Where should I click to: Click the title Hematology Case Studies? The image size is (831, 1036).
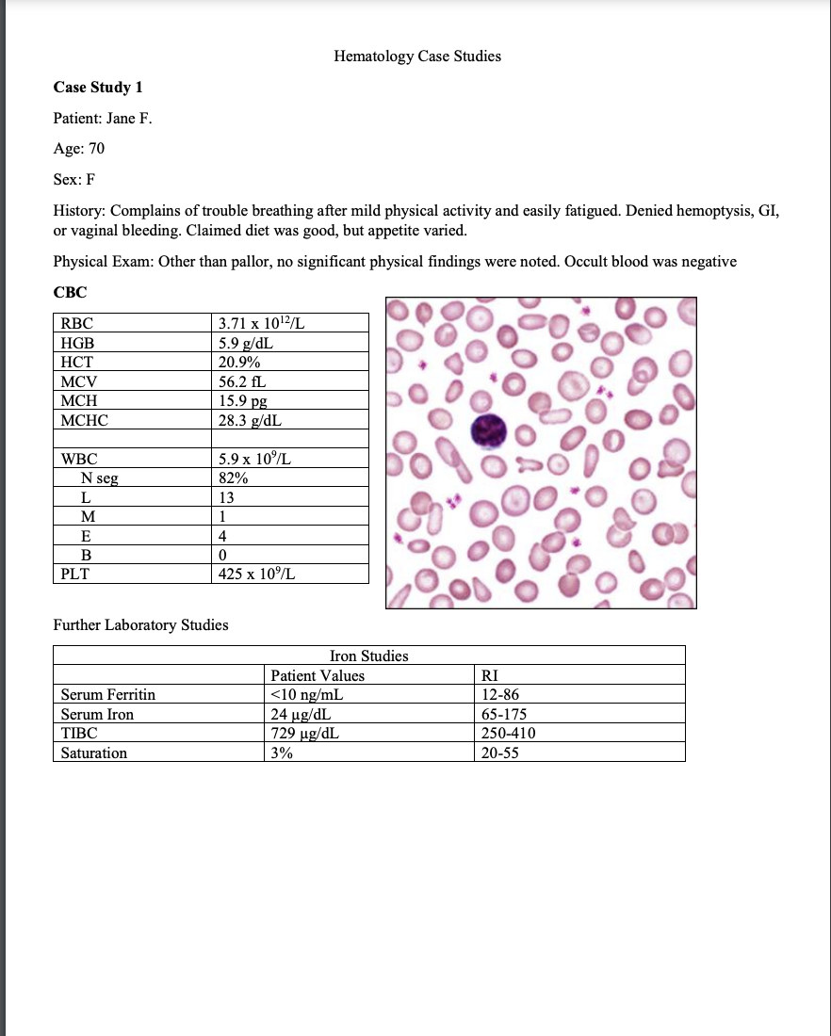pyautogui.click(x=416, y=57)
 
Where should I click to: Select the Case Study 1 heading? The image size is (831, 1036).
pyautogui.click(x=98, y=88)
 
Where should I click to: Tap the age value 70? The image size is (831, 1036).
pyautogui.click(x=96, y=148)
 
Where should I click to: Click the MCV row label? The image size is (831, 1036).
pyautogui.click(x=79, y=381)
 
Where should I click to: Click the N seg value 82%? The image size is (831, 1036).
pyautogui.click(x=232, y=478)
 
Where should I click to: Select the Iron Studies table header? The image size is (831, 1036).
pyautogui.click(x=368, y=656)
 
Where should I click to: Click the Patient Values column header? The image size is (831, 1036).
pyautogui.click(x=317, y=675)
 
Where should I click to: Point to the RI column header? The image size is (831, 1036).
pyautogui.click(x=490, y=675)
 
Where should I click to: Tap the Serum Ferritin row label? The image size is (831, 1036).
pyautogui.click(x=107, y=695)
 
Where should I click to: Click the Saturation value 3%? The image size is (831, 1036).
pyautogui.click(x=281, y=753)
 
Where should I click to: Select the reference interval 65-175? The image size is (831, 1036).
pyautogui.click(x=504, y=714)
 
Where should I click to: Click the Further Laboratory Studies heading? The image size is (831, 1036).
pyautogui.click(x=140, y=624)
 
